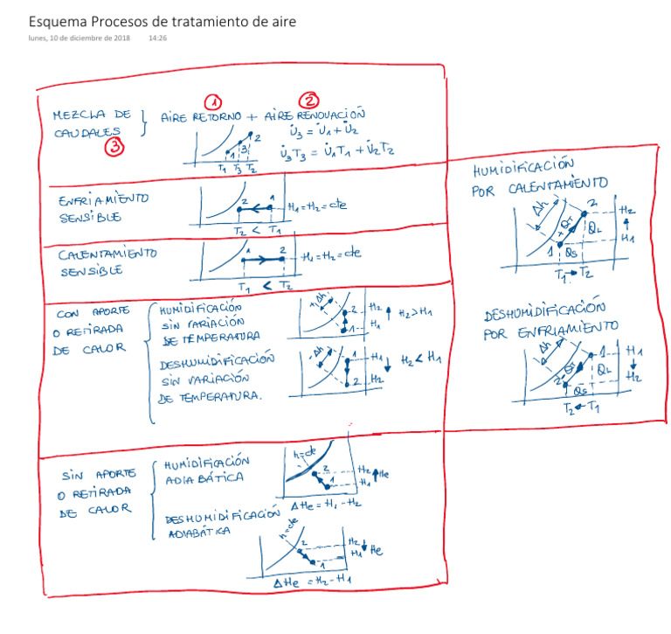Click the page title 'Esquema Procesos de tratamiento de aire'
click(x=161, y=20)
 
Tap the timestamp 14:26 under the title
click(x=158, y=38)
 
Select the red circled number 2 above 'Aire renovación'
click(x=309, y=101)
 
